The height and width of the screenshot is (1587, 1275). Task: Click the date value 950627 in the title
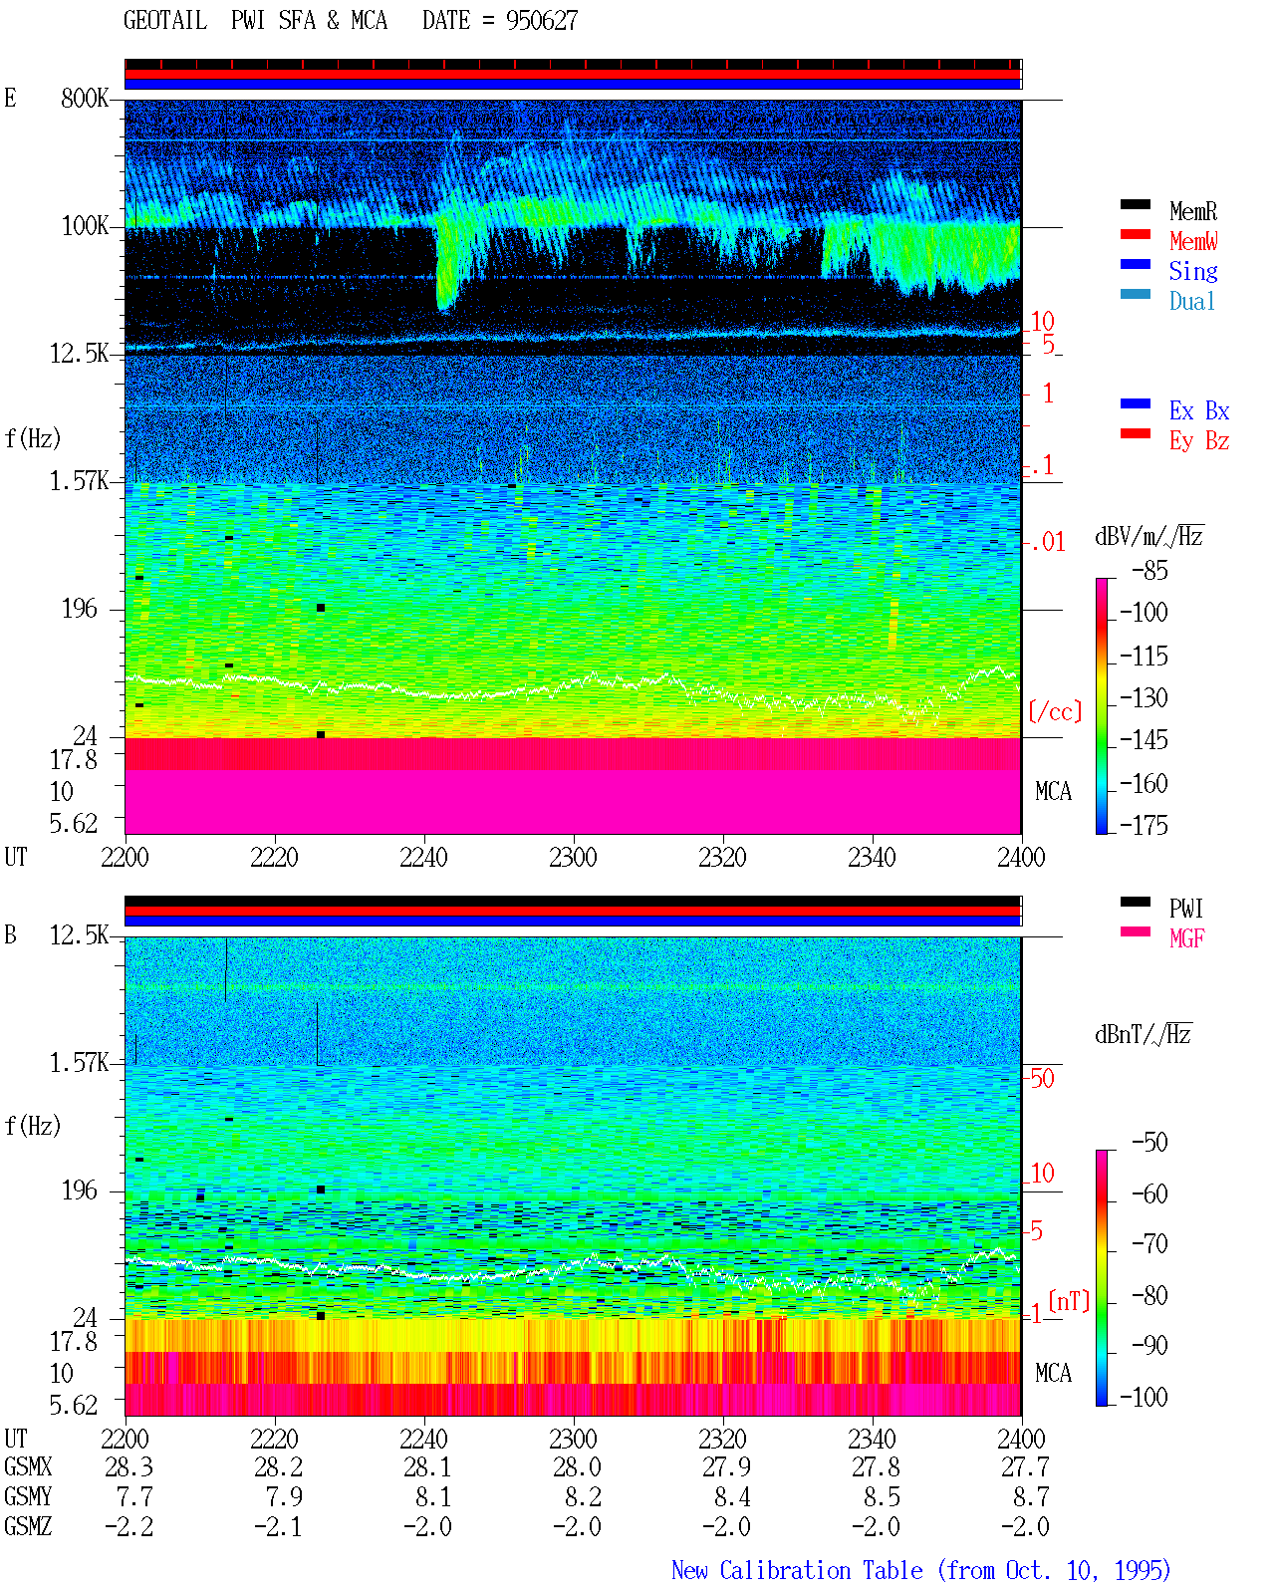(x=541, y=21)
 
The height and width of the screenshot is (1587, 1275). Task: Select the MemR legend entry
(x=1192, y=211)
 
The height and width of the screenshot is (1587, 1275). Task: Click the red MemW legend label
(x=1192, y=241)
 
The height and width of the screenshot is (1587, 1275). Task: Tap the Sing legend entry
(x=1192, y=271)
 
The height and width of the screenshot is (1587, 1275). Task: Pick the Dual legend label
(x=1191, y=301)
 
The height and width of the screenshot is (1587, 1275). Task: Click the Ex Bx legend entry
(x=1198, y=410)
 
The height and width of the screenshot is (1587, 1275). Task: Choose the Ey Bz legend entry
(x=1198, y=441)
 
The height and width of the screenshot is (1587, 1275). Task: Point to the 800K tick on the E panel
(x=85, y=98)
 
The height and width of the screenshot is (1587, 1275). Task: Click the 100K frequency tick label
(x=85, y=226)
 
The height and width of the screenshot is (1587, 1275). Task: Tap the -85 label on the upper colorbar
(x=1148, y=571)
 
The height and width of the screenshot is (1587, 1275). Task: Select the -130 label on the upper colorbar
(x=1143, y=697)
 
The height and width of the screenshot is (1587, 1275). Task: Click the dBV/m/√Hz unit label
(x=1148, y=536)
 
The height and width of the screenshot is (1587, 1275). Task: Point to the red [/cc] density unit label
(x=1055, y=711)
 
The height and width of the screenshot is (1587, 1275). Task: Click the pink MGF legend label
(x=1186, y=938)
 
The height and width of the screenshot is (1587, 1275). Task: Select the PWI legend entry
(x=1185, y=909)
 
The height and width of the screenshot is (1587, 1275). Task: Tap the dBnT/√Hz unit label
(x=1143, y=1035)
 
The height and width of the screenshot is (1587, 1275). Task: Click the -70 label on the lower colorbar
(x=1148, y=1244)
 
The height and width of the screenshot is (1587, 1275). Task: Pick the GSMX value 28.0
(x=577, y=1467)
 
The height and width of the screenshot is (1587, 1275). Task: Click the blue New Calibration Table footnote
(x=920, y=1570)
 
